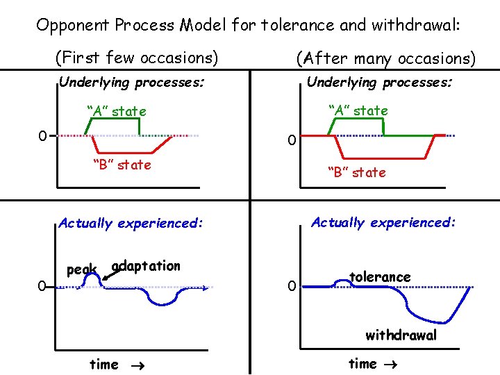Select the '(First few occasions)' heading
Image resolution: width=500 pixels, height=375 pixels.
point(136,57)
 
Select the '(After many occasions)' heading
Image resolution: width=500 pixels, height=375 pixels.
point(385,58)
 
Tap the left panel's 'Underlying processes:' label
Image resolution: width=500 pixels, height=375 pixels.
point(131,83)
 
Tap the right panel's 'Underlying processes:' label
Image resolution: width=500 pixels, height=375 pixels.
point(379,82)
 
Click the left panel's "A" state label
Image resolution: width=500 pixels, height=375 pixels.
point(116,111)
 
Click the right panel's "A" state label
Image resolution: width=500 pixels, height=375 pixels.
point(358,110)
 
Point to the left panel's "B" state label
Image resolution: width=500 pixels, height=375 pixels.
point(122,165)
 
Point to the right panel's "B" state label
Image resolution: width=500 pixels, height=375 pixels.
point(356,172)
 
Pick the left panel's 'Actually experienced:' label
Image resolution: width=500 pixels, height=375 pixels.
point(131,223)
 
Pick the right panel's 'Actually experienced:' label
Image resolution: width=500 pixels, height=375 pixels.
point(383,222)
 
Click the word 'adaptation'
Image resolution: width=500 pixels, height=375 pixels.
point(146,266)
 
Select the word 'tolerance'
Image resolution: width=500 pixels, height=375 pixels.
point(379,276)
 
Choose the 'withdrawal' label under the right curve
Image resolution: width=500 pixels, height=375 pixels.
point(401,335)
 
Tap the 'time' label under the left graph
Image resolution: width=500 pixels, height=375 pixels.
point(104,364)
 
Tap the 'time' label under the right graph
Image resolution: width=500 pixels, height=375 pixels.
point(362,363)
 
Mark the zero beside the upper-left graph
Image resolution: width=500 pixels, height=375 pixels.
point(42,135)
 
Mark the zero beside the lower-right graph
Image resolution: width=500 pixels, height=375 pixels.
point(292,285)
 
